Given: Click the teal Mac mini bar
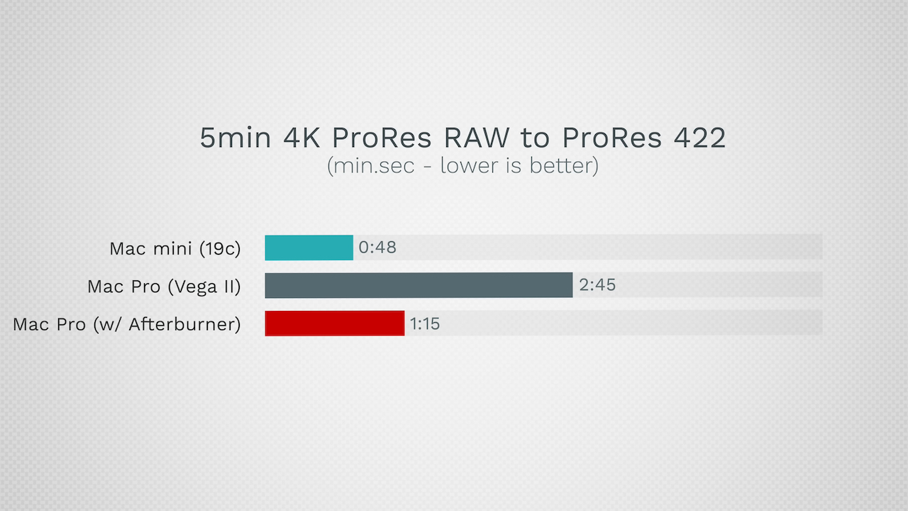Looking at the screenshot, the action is click(309, 248).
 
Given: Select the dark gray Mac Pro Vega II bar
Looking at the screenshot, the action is click(419, 285).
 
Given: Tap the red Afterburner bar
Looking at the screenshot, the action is click(335, 323).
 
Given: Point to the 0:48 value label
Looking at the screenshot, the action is click(377, 248).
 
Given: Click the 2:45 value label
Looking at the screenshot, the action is click(597, 285).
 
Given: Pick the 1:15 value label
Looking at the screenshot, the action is click(425, 324).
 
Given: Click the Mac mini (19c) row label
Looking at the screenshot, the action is click(175, 248).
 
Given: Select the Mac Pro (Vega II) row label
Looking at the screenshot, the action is click(164, 287).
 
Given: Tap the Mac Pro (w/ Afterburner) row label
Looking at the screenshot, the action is click(127, 324).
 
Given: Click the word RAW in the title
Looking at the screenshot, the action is click(477, 138).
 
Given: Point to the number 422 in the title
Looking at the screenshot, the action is click(699, 138).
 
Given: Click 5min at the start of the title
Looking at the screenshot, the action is click(236, 138).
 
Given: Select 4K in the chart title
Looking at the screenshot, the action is click(301, 138).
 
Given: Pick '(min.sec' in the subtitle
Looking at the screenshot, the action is click(371, 166).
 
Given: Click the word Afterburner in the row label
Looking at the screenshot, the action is click(185, 324).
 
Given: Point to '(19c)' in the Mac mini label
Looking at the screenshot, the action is click(220, 248).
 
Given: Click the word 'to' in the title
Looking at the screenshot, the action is click(536, 138).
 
